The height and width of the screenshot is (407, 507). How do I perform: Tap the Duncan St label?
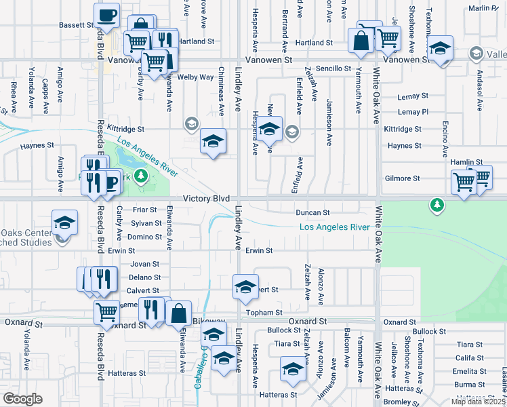pos(312,212)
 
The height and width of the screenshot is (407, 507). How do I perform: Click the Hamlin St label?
pos(466,163)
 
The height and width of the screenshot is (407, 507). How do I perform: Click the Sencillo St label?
pos(333,69)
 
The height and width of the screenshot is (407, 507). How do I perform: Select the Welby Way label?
pos(195,77)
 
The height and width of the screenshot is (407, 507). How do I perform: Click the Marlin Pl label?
pos(483,8)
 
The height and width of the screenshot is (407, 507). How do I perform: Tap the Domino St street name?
pos(145,237)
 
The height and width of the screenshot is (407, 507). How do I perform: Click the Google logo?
pos(22,399)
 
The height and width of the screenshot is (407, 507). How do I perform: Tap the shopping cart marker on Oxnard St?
pos(106,312)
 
